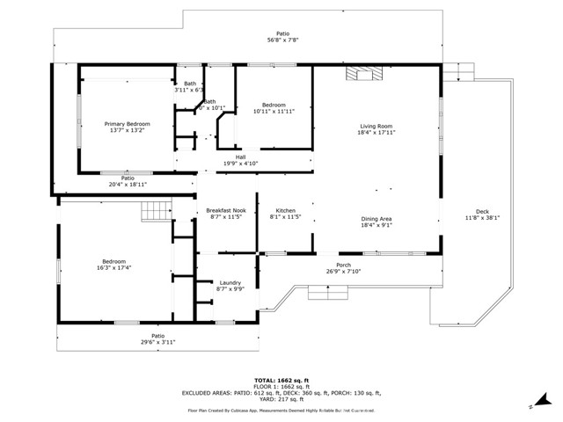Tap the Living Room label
(376, 126)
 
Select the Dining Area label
(376, 218)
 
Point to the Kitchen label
(285, 211)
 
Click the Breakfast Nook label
(226, 211)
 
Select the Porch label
(343, 265)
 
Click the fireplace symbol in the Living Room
(364, 74)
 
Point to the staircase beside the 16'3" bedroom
(156, 211)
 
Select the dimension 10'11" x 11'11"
(274, 112)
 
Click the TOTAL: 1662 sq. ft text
(281, 379)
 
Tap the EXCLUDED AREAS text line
(281, 393)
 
